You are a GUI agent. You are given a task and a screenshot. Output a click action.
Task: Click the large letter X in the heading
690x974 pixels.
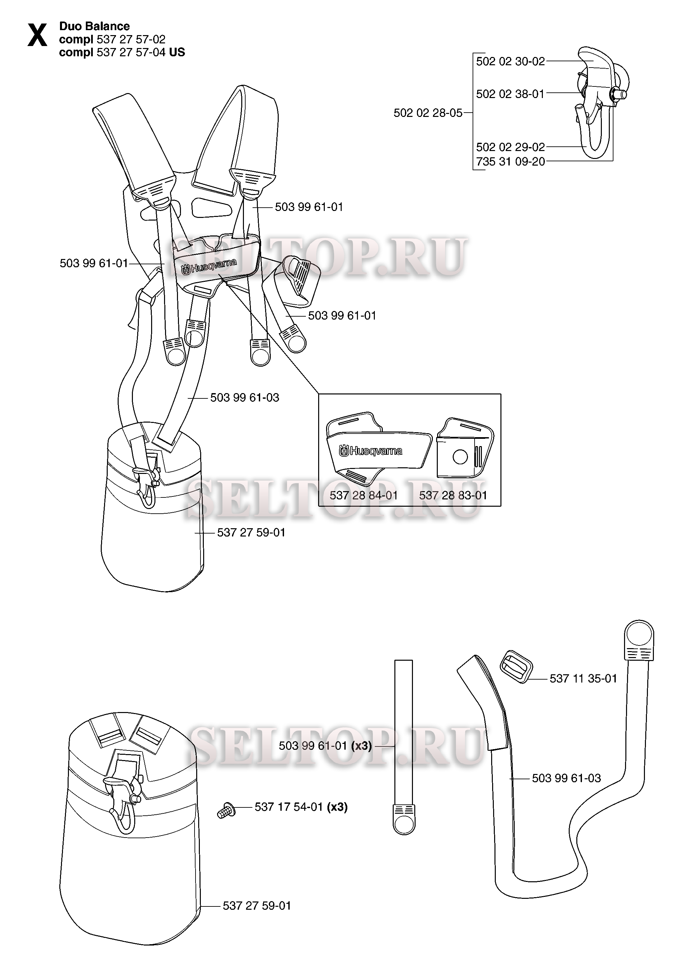pyautogui.click(x=37, y=35)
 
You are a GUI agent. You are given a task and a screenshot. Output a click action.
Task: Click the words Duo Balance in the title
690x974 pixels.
pyautogui.click(x=94, y=26)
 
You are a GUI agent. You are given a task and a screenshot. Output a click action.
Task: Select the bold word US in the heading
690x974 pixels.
pyautogui.click(x=177, y=52)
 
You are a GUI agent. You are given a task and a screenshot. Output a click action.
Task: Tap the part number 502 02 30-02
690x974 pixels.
pyautogui.click(x=510, y=62)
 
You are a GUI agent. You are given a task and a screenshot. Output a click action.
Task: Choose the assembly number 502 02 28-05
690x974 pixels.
pyautogui.click(x=428, y=113)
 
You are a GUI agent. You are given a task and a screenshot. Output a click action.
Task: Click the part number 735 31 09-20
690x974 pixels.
pyautogui.click(x=510, y=161)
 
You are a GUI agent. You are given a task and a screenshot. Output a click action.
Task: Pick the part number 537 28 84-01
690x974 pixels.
pyautogui.click(x=364, y=495)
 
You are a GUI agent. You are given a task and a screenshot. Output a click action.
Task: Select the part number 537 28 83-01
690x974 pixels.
pyautogui.click(x=453, y=495)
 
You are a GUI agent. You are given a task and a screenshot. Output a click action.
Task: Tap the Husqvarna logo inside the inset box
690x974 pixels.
pyautogui.click(x=370, y=451)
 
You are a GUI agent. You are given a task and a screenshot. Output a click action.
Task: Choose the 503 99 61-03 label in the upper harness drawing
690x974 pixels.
pyautogui.click(x=245, y=398)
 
